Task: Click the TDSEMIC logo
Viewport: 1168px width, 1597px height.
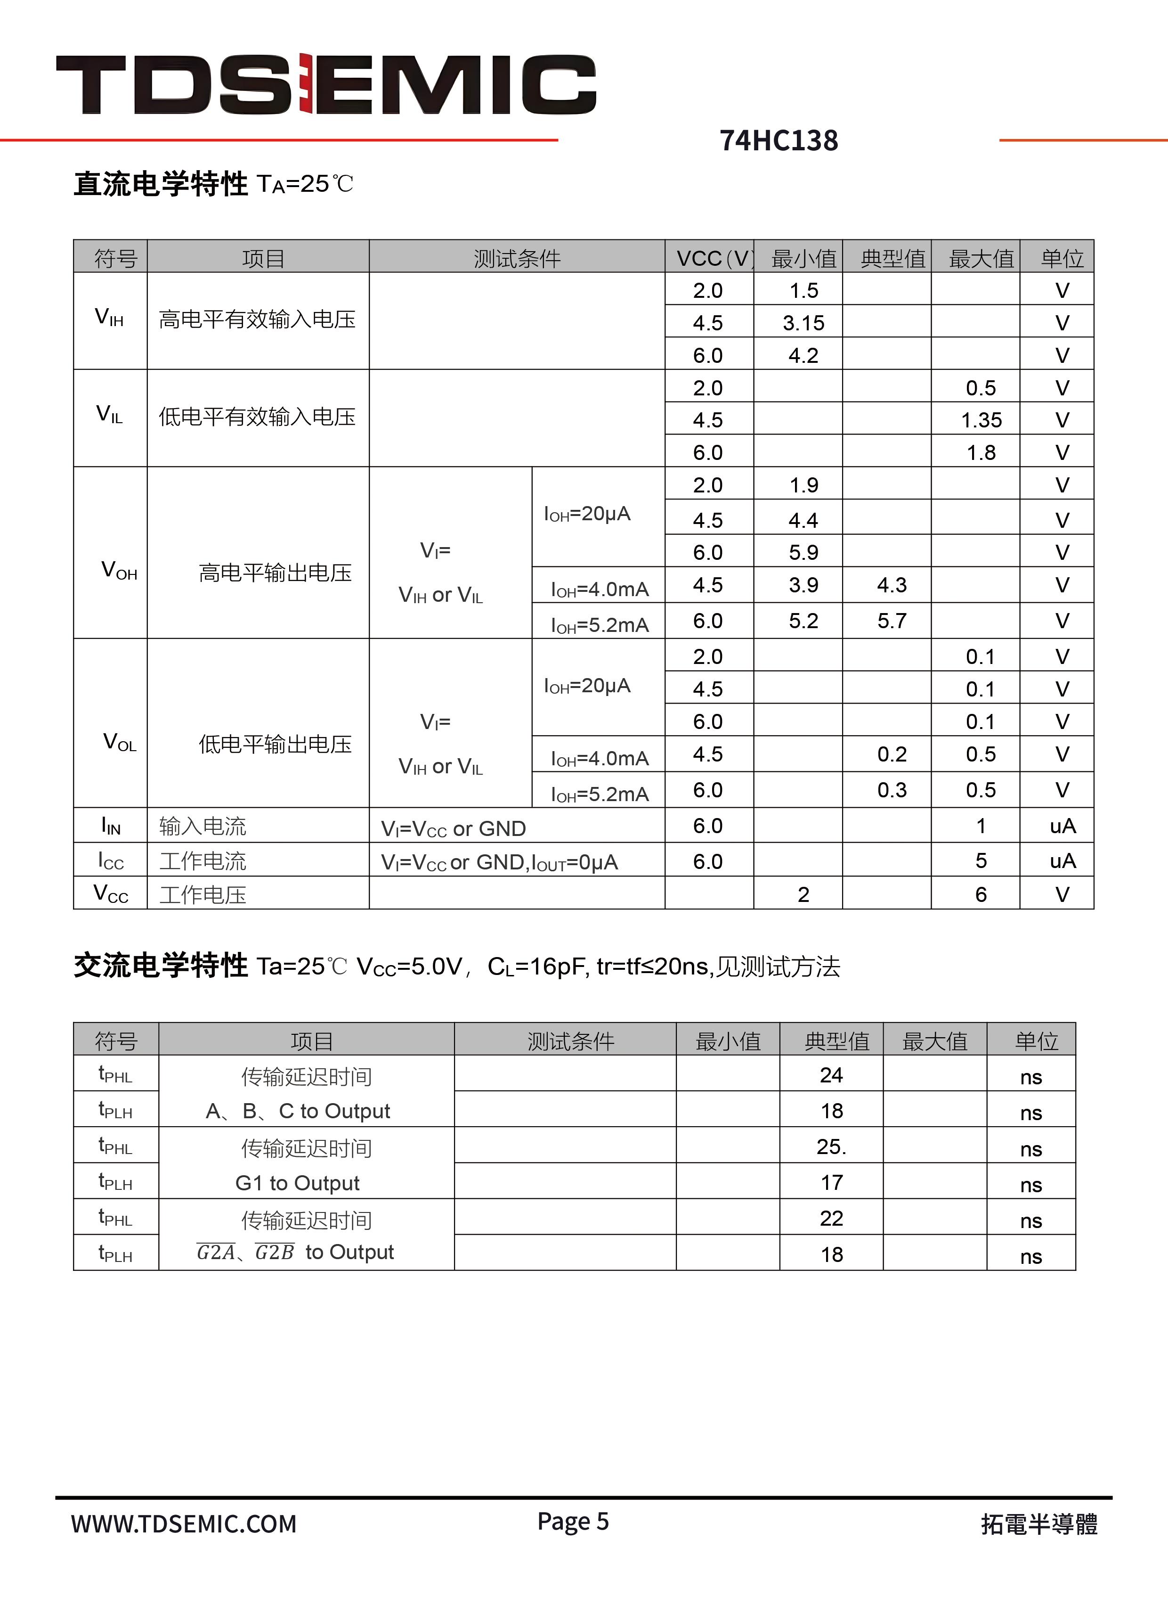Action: [x=326, y=84]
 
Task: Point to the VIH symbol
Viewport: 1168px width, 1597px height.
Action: [x=110, y=318]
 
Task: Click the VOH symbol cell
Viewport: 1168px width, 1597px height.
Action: [x=119, y=570]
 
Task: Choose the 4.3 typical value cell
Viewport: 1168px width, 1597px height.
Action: [x=892, y=585]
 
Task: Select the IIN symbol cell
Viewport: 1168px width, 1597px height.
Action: [x=111, y=826]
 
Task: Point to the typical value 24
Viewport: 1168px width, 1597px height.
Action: [x=831, y=1075]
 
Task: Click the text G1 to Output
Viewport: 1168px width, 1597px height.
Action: [x=297, y=1182]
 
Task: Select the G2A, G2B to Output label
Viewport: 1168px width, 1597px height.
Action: [x=295, y=1253]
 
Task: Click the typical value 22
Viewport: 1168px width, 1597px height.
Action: [x=831, y=1218]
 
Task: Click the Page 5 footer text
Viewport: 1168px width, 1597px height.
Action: [x=573, y=1521]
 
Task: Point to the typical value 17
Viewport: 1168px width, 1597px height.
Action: [x=831, y=1182]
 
